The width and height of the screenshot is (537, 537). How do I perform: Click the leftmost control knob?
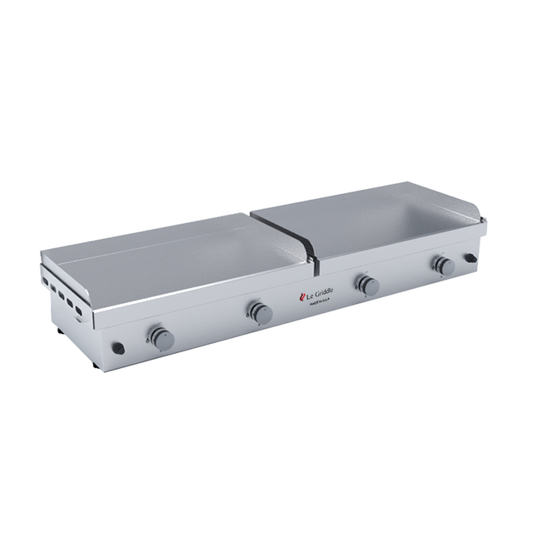point(162,338)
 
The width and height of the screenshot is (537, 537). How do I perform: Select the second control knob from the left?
point(261,313)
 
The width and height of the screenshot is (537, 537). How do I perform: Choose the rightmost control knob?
point(444,266)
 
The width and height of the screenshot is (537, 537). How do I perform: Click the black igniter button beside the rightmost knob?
point(471,260)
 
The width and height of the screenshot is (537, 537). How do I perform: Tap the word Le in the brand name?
point(308,296)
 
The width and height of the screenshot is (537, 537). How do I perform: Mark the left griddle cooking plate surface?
point(167,254)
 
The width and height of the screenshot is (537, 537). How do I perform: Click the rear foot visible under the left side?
point(60,331)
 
